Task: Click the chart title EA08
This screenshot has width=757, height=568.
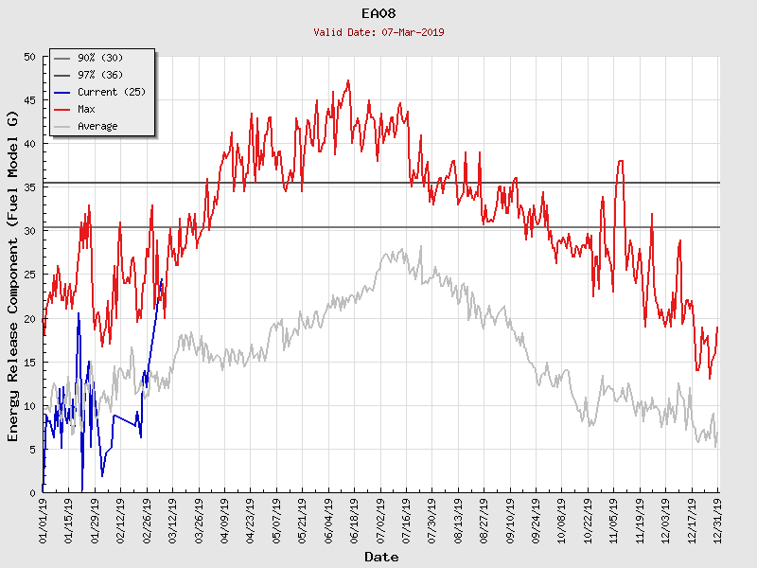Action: [379, 14]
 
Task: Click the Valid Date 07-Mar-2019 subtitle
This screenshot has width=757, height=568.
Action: [379, 32]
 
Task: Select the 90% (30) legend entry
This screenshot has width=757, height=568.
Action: [99, 59]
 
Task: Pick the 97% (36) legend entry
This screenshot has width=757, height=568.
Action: [99, 76]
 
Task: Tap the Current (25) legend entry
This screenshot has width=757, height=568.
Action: [111, 93]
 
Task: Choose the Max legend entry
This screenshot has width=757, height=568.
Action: [86, 110]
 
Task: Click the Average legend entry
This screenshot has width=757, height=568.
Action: [97, 127]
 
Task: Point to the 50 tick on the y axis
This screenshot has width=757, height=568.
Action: [28, 58]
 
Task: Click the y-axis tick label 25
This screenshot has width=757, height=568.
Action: [28, 275]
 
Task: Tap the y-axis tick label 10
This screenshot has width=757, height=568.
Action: [28, 406]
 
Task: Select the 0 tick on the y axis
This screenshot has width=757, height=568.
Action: [32, 493]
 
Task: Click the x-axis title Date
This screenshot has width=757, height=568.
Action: [380, 557]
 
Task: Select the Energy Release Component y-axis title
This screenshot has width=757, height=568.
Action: [13, 275]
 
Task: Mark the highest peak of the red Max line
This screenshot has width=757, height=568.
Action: [348, 81]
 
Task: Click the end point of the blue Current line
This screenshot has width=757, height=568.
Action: [162, 279]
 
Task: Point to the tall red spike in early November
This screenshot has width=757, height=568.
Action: [620, 162]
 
